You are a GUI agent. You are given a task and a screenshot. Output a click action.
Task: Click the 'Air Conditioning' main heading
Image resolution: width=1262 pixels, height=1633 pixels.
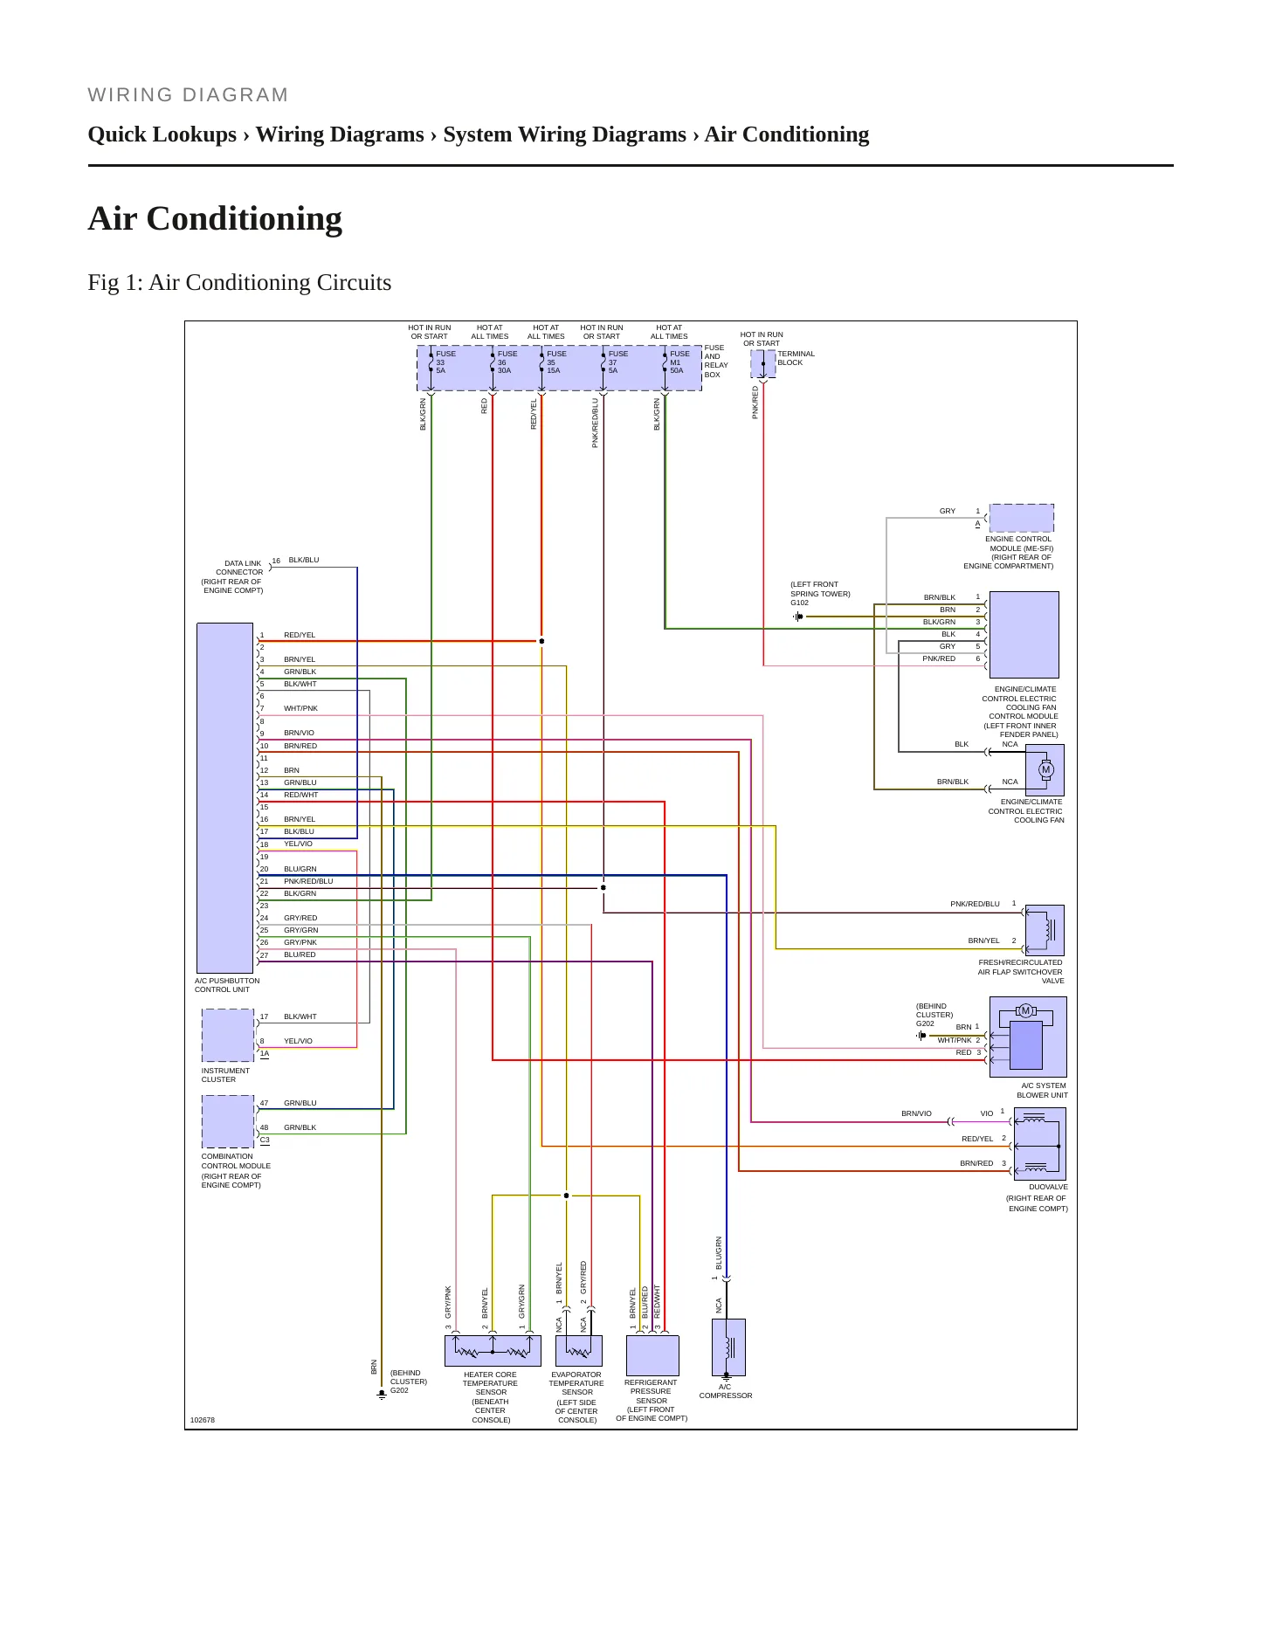[215, 218]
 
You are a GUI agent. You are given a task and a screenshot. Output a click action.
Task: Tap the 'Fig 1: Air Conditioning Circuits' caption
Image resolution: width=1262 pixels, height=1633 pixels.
[239, 282]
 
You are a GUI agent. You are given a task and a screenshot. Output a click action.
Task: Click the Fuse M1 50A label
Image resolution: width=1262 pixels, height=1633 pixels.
[679, 362]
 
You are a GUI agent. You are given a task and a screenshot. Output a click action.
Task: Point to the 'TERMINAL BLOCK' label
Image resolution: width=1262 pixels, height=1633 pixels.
[796, 358]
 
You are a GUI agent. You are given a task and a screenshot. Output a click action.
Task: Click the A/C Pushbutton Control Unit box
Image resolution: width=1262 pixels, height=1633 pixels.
[225, 798]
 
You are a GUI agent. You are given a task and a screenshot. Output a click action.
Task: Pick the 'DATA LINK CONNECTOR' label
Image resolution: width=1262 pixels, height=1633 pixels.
[240, 568]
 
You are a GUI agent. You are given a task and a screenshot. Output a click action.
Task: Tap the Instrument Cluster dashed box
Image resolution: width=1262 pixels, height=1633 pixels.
[228, 1035]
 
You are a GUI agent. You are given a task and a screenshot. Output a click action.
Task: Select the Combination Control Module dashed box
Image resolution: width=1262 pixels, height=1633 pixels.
[228, 1121]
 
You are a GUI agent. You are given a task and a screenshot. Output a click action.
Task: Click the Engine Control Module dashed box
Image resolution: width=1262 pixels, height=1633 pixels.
[1021, 518]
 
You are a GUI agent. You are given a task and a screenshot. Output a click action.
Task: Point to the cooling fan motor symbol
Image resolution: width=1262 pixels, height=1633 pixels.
[1045, 769]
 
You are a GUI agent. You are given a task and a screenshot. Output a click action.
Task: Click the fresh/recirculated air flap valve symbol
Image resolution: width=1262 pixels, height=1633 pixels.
[1045, 930]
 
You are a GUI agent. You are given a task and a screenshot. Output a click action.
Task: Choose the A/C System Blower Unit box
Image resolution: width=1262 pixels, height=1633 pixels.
[1028, 1037]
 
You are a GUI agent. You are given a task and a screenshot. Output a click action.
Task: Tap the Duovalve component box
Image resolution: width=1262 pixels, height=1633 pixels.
[1039, 1144]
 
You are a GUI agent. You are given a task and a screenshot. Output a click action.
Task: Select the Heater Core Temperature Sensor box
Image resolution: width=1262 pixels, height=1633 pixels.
[493, 1351]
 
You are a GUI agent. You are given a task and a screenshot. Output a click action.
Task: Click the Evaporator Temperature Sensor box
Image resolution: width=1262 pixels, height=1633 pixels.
[579, 1351]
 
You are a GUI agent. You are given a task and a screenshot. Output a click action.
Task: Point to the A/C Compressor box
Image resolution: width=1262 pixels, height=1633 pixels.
[728, 1347]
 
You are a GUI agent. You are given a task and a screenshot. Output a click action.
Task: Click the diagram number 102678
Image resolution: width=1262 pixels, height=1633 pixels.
[202, 1420]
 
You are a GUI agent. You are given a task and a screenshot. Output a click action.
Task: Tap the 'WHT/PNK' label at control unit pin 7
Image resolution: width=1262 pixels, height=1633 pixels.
[300, 708]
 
